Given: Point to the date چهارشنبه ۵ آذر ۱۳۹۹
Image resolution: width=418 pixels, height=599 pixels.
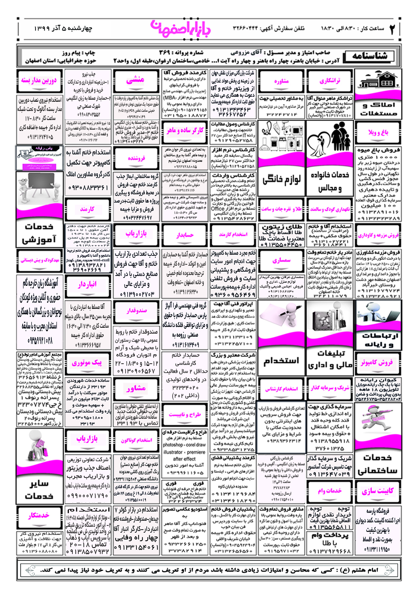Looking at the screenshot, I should click(x=63, y=29).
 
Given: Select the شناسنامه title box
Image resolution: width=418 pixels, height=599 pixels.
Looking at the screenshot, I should click(x=370, y=56).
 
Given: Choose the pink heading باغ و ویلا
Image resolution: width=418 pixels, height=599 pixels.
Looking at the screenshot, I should click(x=378, y=132).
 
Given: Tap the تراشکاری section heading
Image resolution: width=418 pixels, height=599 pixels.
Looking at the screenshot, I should click(x=330, y=80).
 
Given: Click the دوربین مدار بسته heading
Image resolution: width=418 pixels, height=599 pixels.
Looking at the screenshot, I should click(x=39, y=80).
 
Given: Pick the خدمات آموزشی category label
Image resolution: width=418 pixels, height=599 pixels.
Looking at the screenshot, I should click(x=39, y=233).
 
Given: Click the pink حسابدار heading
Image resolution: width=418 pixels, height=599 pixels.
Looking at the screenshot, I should click(x=185, y=234).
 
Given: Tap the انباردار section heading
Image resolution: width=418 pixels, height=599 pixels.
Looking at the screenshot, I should click(x=88, y=284).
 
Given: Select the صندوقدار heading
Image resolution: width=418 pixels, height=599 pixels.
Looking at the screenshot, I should click(x=136, y=310).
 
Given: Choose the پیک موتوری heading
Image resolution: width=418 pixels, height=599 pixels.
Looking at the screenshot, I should click(x=87, y=363).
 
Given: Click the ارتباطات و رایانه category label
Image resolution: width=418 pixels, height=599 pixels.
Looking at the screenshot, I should click(x=378, y=340).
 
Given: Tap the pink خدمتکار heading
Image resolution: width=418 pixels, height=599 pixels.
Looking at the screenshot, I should click(x=39, y=516).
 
